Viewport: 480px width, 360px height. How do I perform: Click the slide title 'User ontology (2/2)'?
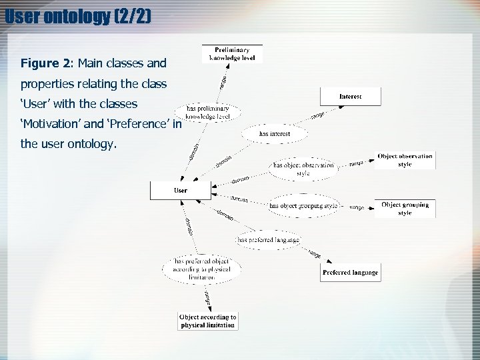click(78, 15)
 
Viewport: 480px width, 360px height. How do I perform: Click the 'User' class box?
click(181, 190)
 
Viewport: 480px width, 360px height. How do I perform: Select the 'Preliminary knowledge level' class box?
click(232, 54)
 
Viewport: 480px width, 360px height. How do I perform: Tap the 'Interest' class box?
click(350, 97)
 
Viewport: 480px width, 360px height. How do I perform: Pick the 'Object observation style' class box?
click(405, 160)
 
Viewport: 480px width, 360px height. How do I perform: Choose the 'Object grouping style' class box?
click(405, 209)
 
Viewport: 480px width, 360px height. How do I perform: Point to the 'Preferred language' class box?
click(350, 272)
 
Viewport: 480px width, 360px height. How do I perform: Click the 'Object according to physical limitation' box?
click(208, 321)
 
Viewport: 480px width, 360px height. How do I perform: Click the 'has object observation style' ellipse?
click(303, 169)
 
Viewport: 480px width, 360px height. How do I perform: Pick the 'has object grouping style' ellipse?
click(303, 206)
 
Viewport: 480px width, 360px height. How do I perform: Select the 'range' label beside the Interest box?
click(317, 117)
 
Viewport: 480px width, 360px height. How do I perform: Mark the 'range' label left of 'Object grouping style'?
click(357, 207)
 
